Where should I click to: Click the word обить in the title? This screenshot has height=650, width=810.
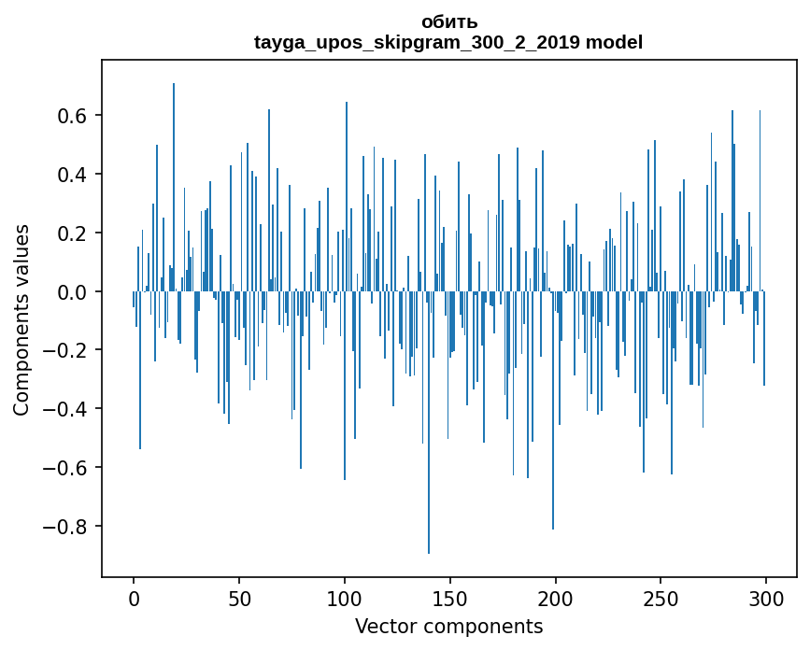tap(449, 22)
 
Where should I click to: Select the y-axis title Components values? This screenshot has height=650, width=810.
tap(21, 319)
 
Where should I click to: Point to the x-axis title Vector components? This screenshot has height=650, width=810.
tap(448, 627)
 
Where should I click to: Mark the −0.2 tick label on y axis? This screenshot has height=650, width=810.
tap(65, 350)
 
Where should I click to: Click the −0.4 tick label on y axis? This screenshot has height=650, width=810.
tap(65, 409)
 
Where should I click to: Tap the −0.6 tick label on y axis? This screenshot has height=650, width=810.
tap(65, 468)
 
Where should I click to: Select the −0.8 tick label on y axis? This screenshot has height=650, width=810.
tap(65, 527)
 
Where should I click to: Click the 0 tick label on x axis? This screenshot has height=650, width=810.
tap(134, 599)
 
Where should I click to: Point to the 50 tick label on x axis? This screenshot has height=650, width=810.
tap(239, 599)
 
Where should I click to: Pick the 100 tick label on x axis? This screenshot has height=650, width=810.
tap(345, 599)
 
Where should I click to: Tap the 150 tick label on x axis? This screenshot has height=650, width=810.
tap(450, 599)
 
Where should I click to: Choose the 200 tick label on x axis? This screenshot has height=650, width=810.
tap(556, 599)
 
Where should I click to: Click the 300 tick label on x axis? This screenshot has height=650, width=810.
tap(766, 599)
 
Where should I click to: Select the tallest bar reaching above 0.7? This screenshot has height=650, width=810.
tap(174, 187)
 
